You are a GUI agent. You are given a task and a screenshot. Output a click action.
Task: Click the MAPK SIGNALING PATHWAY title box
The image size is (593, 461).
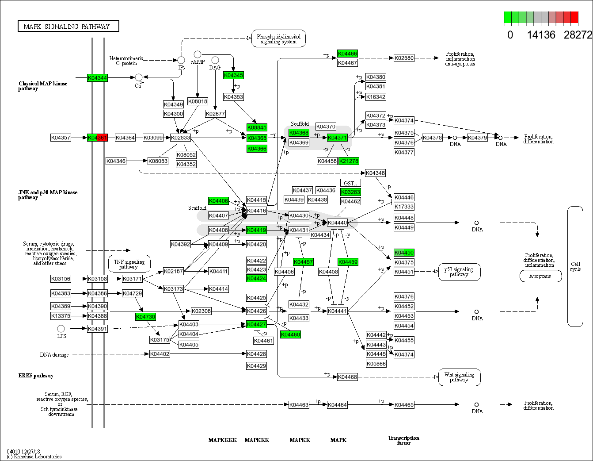coord(68,26)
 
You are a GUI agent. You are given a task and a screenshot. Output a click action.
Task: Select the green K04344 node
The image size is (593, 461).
coord(97,78)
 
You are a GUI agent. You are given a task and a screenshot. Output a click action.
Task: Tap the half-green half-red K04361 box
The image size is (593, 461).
coord(97,138)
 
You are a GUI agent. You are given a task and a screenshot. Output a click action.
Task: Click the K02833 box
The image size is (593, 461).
coord(180,138)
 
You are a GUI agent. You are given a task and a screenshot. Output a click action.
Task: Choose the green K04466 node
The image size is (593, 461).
coord(347,54)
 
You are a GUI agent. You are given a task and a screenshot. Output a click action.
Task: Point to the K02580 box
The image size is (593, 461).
coord(404,58)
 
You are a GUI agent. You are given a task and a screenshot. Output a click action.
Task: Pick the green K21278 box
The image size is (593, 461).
coord(349,161)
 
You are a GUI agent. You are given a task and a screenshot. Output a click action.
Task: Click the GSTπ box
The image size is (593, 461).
coord(350,183)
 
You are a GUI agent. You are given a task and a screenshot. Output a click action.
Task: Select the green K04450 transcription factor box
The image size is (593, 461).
coord(404,253)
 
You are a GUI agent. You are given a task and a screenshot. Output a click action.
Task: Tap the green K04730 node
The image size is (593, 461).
coord(145,317)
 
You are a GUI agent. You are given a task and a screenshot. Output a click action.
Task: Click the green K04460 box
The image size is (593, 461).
coord(290,334)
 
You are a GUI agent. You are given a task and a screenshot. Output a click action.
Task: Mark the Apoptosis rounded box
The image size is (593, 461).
coord(540,276)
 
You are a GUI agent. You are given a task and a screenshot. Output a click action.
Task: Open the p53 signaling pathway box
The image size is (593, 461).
coord(459,272)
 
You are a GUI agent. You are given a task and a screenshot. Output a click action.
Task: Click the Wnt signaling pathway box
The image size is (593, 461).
coord(459,377)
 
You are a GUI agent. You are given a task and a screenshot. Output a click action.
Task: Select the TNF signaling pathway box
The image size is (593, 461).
coord(129,264)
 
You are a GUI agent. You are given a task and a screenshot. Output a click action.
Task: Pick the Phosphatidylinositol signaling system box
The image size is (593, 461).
coord(278,39)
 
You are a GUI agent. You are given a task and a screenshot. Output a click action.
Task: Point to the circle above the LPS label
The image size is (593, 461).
coord(61,328)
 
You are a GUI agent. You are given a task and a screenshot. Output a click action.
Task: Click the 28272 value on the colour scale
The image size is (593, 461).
coord(577,35)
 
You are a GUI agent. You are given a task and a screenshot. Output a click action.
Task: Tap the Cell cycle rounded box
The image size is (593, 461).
coord(575,266)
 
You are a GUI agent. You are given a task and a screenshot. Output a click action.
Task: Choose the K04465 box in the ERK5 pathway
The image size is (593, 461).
coord(404,405)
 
